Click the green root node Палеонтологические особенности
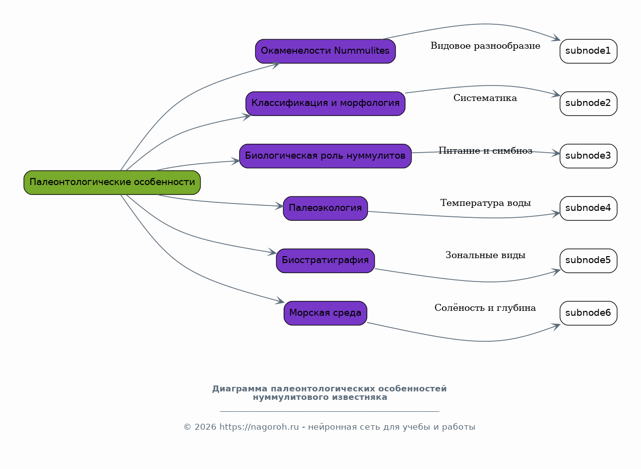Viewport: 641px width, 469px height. click(112, 183)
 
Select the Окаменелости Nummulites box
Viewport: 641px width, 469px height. click(325, 51)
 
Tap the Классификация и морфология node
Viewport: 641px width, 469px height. click(325, 103)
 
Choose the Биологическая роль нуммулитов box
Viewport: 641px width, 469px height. click(325, 156)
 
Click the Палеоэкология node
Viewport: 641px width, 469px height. click(325, 208)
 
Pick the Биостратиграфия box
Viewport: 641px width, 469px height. click(325, 261)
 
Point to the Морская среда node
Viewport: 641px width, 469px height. click(325, 313)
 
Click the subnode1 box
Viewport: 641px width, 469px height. click(588, 51)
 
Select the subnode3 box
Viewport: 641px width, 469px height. click(588, 156)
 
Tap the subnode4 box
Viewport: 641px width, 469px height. click(588, 208)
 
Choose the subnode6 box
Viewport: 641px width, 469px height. click(588, 313)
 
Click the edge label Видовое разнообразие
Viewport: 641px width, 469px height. click(485, 46)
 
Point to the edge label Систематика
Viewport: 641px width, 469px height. click(485, 98)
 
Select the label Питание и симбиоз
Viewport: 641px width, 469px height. click(485, 150)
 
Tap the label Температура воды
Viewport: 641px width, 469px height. click(485, 203)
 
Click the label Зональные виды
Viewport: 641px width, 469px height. click(485, 255)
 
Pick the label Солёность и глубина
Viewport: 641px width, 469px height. click(485, 307)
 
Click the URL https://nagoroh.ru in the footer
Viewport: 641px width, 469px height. click(259, 427)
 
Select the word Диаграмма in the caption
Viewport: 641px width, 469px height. click(240, 388)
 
